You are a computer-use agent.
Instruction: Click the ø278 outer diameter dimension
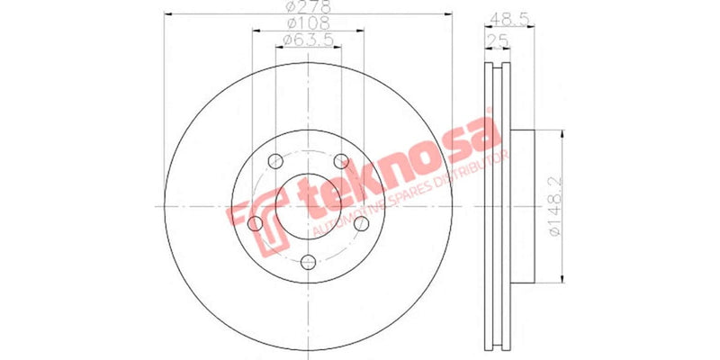click(x=307, y=7)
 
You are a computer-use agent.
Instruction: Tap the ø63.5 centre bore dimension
click(x=307, y=40)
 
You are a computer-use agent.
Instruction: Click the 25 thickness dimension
click(x=495, y=40)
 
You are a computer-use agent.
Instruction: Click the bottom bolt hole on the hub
click(x=309, y=262)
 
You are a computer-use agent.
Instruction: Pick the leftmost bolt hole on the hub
click(x=255, y=223)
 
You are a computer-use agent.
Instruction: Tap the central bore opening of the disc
click(x=309, y=206)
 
